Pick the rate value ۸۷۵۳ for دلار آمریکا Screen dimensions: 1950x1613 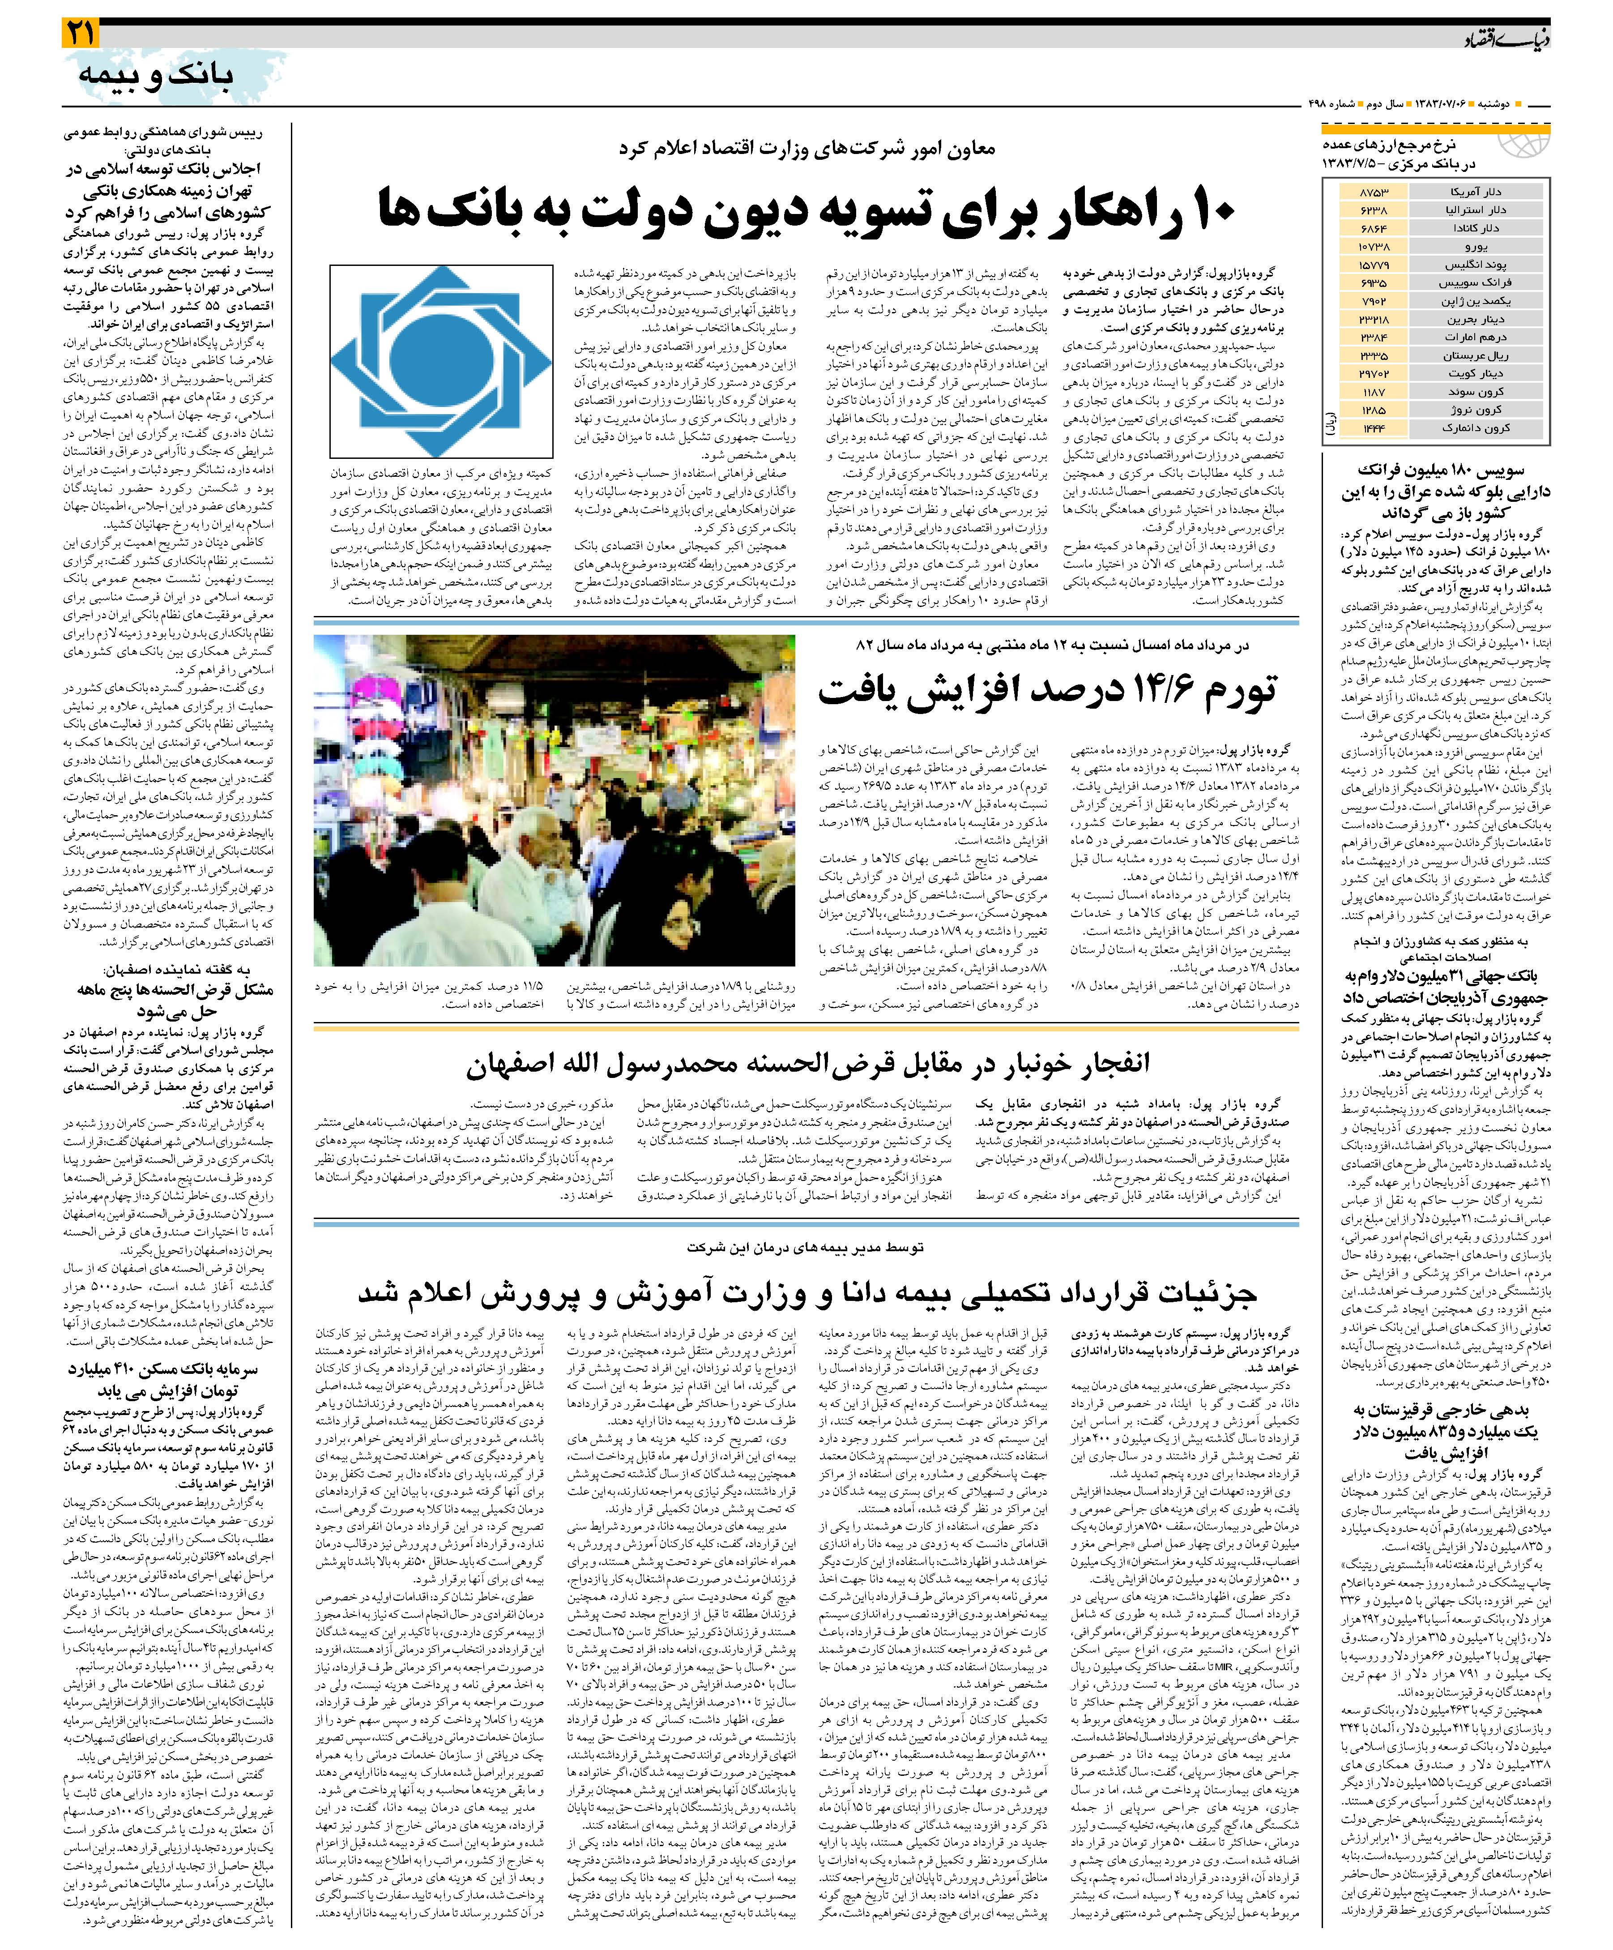click(1373, 191)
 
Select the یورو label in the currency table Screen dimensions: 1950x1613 click(1475, 246)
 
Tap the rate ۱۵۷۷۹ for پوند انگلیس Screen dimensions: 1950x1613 click(1373, 265)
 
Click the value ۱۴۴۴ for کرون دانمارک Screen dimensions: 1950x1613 click(1373, 428)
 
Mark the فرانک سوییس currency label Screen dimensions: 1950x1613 click(1475, 282)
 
